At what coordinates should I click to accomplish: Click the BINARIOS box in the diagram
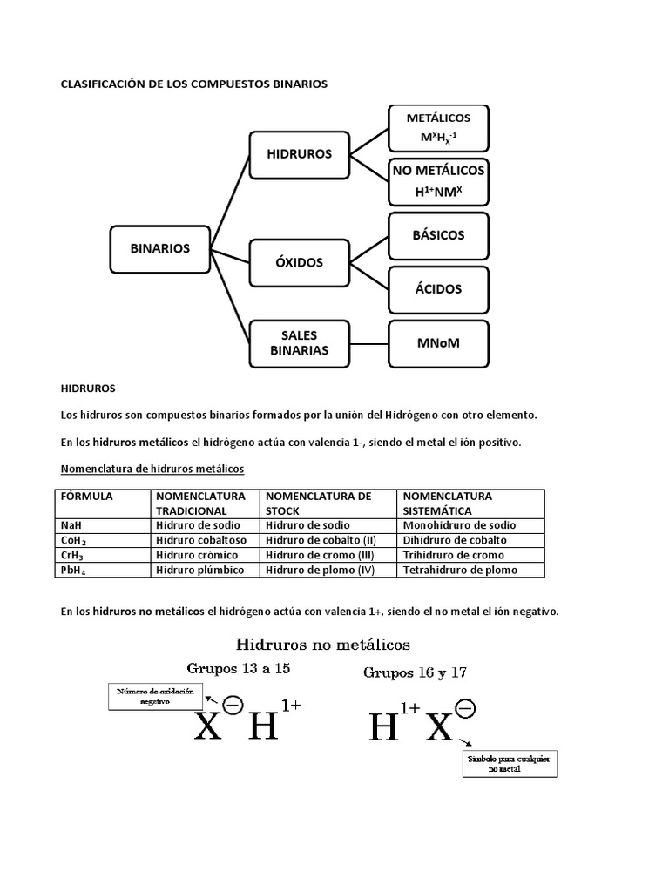point(159,248)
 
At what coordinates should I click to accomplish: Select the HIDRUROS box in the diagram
point(300,153)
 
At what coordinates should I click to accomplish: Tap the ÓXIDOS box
point(300,262)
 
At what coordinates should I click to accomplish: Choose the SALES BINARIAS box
point(300,343)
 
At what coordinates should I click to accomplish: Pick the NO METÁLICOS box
point(438,180)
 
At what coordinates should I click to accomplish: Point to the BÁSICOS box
point(438,235)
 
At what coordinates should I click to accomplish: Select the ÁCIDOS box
point(438,289)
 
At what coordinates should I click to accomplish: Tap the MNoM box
point(438,343)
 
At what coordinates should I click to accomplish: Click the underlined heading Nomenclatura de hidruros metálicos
point(152,469)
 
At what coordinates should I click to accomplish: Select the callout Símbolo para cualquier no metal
point(510,764)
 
